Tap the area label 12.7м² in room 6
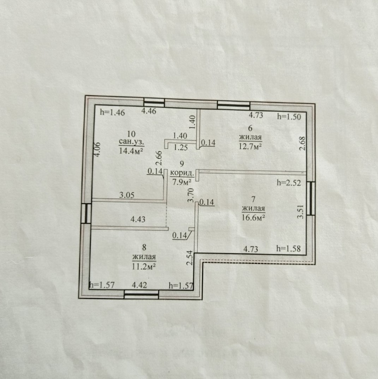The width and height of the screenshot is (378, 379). [251, 146]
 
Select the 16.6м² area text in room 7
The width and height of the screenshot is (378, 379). [253, 217]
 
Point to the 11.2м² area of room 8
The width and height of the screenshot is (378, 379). [144, 266]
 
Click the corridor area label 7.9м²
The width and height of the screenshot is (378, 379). [182, 182]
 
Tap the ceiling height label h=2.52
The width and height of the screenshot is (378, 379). [289, 183]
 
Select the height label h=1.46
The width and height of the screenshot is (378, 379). [112, 113]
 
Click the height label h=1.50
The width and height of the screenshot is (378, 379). [289, 117]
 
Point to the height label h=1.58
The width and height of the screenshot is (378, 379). [289, 248]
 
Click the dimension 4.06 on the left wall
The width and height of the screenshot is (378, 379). [97, 149]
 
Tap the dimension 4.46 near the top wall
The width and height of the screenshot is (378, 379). [149, 111]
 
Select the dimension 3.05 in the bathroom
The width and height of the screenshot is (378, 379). [127, 195]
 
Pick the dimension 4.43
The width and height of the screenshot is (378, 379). [138, 219]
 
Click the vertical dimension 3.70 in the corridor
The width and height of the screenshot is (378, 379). [191, 195]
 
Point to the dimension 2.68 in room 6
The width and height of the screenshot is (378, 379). [302, 143]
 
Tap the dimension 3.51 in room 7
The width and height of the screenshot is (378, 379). [300, 212]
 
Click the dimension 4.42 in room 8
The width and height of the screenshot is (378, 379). [139, 285]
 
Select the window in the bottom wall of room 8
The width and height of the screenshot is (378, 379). [141, 294]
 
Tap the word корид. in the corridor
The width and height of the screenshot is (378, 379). [182, 173]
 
